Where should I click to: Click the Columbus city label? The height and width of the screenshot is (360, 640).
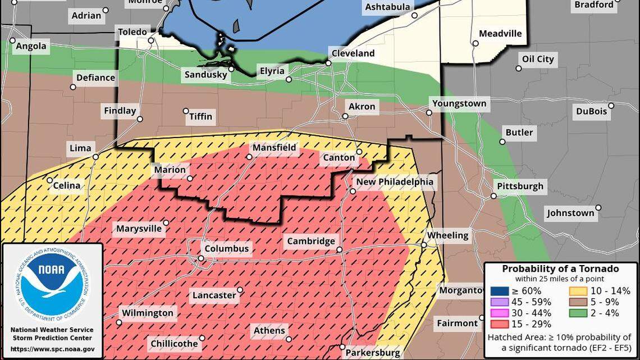[x=226, y=249]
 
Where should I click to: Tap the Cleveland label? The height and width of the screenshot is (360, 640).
[x=353, y=53]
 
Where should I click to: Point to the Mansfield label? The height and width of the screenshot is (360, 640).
[x=274, y=148]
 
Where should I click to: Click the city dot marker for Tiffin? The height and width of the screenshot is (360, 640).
[x=186, y=111]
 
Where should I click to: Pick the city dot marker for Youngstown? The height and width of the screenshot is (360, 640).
[x=429, y=112]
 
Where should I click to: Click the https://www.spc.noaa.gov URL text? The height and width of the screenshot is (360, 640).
[x=52, y=348]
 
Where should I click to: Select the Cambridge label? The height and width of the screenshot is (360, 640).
[x=311, y=241]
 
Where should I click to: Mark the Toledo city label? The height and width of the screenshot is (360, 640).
[x=132, y=32]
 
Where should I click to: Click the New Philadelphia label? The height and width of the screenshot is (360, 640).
[x=395, y=182]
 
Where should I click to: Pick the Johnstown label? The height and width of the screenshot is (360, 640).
[x=570, y=213]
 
